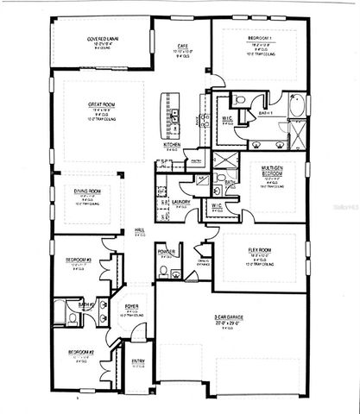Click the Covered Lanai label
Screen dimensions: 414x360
pos(101,39)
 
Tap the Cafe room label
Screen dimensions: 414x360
pos(183,45)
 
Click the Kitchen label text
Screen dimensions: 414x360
pos(172,144)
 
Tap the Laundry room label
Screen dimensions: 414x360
pos(181,202)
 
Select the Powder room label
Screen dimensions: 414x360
pos(167,253)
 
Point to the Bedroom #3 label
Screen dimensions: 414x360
pos(79,258)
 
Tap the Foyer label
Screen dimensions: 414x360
pos(132,307)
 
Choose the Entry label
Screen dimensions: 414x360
pos(138,362)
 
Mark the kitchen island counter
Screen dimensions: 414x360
pos(174,116)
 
